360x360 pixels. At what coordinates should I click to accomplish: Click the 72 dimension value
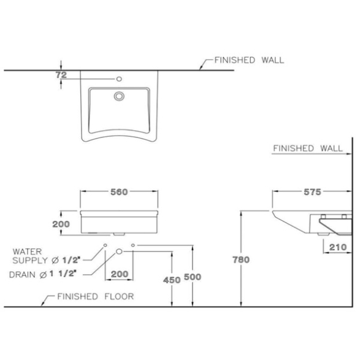(x=61, y=75)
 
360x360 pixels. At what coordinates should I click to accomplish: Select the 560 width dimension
(x=119, y=192)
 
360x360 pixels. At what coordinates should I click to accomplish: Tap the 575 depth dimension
(x=312, y=192)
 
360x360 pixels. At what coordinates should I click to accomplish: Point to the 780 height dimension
(x=241, y=259)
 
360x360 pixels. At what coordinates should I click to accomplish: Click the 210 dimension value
(x=338, y=247)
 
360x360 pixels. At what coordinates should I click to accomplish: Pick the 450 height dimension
(x=172, y=280)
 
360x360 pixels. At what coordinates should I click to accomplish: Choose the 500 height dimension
(x=193, y=277)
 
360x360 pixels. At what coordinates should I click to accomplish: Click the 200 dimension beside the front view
(x=61, y=224)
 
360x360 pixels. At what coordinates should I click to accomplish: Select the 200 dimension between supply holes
(x=120, y=274)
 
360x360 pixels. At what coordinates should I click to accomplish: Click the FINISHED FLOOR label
(x=96, y=296)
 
